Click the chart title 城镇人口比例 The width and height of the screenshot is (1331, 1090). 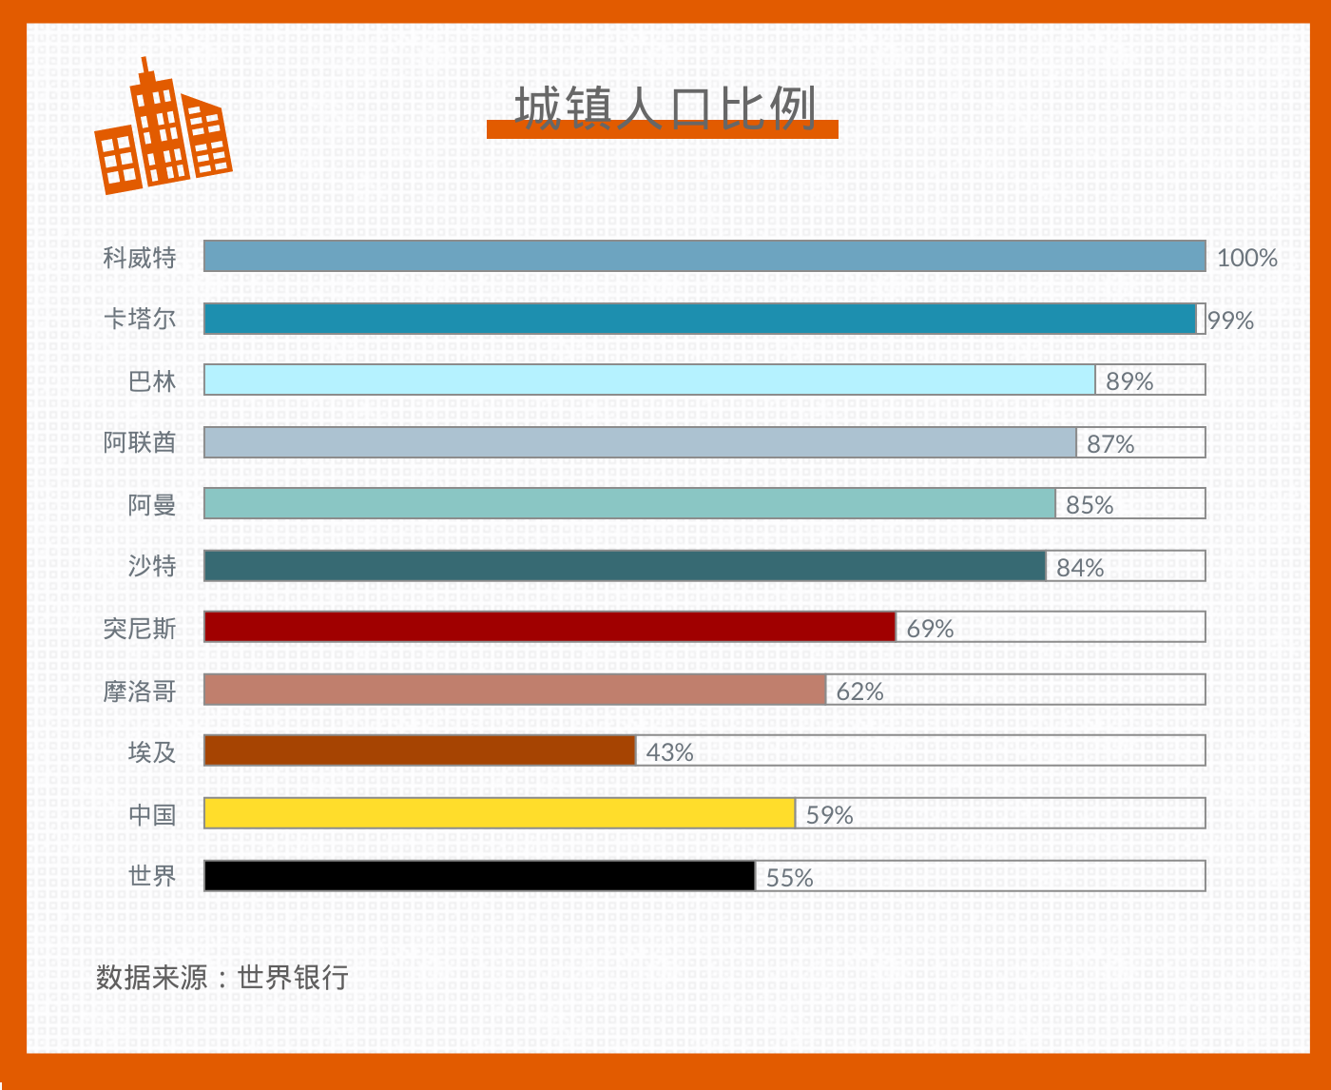pyautogui.click(x=665, y=108)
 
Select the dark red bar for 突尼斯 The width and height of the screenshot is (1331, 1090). pyautogui.click(x=550, y=627)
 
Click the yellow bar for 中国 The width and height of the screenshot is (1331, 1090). pyautogui.click(x=499, y=813)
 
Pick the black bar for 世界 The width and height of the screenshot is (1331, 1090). pyautogui.click(x=479, y=876)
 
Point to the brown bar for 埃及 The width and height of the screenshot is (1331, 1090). pyautogui.click(x=419, y=750)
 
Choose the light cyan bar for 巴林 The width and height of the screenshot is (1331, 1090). pyautogui.click(x=649, y=380)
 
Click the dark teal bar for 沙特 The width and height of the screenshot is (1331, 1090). pyautogui.click(x=625, y=566)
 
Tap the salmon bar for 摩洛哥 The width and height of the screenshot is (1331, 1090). pyautogui.click(x=514, y=690)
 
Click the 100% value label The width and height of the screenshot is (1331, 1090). pyautogui.click(x=1246, y=258)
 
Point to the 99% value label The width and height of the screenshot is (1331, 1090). pyautogui.click(x=1231, y=321)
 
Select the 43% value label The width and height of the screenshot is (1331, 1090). pyautogui.click(x=669, y=752)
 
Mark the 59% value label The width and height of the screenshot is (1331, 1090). pyautogui.click(x=829, y=815)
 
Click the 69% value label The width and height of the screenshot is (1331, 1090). pyautogui.click(x=929, y=629)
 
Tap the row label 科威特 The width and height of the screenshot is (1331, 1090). pyautogui.click(x=140, y=258)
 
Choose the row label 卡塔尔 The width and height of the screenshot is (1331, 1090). pyautogui.click(x=140, y=319)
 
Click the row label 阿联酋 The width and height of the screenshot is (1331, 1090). pyautogui.click(x=140, y=442)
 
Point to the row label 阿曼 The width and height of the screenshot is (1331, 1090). pyautogui.click(x=152, y=505)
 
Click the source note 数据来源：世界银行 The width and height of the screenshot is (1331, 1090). pyautogui.click(x=222, y=977)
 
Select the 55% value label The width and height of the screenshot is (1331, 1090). pyautogui.click(x=789, y=878)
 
